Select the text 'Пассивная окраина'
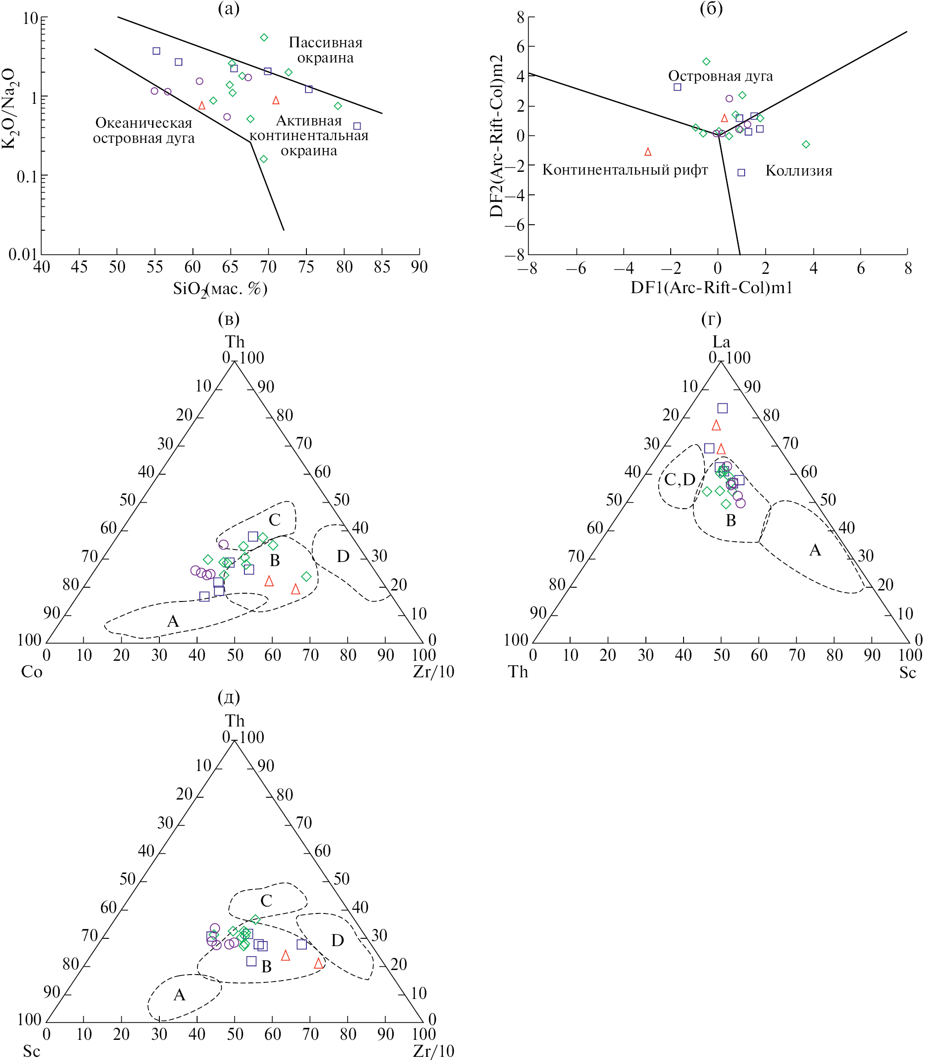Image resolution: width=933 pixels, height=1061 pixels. tap(325, 50)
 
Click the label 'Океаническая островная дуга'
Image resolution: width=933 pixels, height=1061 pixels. tap(144, 130)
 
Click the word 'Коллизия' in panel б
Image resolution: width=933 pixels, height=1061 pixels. tap(798, 171)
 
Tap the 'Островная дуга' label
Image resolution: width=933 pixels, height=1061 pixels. tap(720, 76)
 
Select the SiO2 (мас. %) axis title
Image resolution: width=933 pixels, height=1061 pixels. tap(220, 289)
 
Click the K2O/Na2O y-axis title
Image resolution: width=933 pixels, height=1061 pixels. tap(9, 109)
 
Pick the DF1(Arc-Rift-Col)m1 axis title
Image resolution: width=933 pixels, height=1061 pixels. tap(712, 288)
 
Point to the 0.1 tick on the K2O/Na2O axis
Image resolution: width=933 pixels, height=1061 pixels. tap(27, 177)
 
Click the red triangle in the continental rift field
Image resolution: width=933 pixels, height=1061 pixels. tap(648, 152)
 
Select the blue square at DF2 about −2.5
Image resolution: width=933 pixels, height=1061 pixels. tap(741, 172)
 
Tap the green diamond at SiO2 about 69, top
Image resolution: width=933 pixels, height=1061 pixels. tap(264, 37)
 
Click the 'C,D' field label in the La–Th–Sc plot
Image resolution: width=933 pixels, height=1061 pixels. tap(679, 479)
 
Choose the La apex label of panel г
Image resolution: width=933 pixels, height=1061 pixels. tap(721, 341)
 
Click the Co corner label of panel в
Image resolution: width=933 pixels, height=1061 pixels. tap(31, 672)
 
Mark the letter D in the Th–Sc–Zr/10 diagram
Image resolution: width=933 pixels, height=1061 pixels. tap(337, 941)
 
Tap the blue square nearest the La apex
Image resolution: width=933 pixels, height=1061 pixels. tap(722, 408)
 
